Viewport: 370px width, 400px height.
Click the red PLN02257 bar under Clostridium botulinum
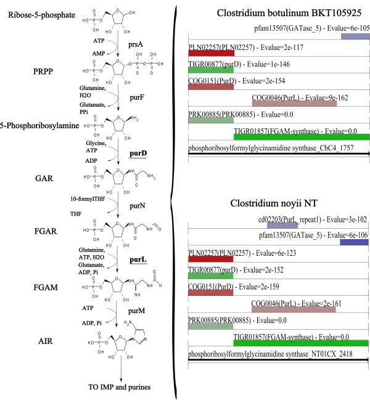point(211,54)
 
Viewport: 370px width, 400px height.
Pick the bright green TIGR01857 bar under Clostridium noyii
point(300,343)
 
